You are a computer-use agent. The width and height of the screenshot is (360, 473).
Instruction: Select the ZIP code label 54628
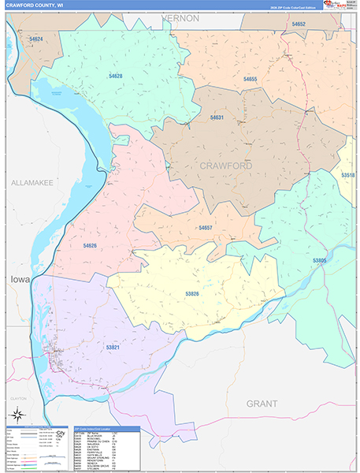[x=116, y=76]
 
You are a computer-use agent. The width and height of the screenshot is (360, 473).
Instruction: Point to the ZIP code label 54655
[x=251, y=80]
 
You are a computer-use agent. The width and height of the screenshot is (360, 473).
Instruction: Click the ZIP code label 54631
[x=217, y=117]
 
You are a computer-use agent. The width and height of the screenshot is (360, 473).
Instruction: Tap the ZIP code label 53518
[x=348, y=175]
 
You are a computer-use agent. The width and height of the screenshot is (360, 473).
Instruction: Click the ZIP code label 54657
[x=206, y=227]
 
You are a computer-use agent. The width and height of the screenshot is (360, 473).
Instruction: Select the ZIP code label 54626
[x=91, y=246]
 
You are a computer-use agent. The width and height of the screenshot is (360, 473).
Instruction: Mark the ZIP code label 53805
[x=319, y=260]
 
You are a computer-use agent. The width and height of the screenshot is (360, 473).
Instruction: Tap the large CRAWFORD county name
[x=225, y=166]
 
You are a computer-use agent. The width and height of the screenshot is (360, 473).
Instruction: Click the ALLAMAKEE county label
[x=32, y=183]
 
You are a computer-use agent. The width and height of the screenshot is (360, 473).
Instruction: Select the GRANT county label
[x=262, y=403]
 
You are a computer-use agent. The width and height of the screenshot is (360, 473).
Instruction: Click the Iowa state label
[x=18, y=279]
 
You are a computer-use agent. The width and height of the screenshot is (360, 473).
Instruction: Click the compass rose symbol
[x=16, y=415]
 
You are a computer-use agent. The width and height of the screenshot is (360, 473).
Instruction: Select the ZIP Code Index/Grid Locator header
[x=105, y=429]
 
